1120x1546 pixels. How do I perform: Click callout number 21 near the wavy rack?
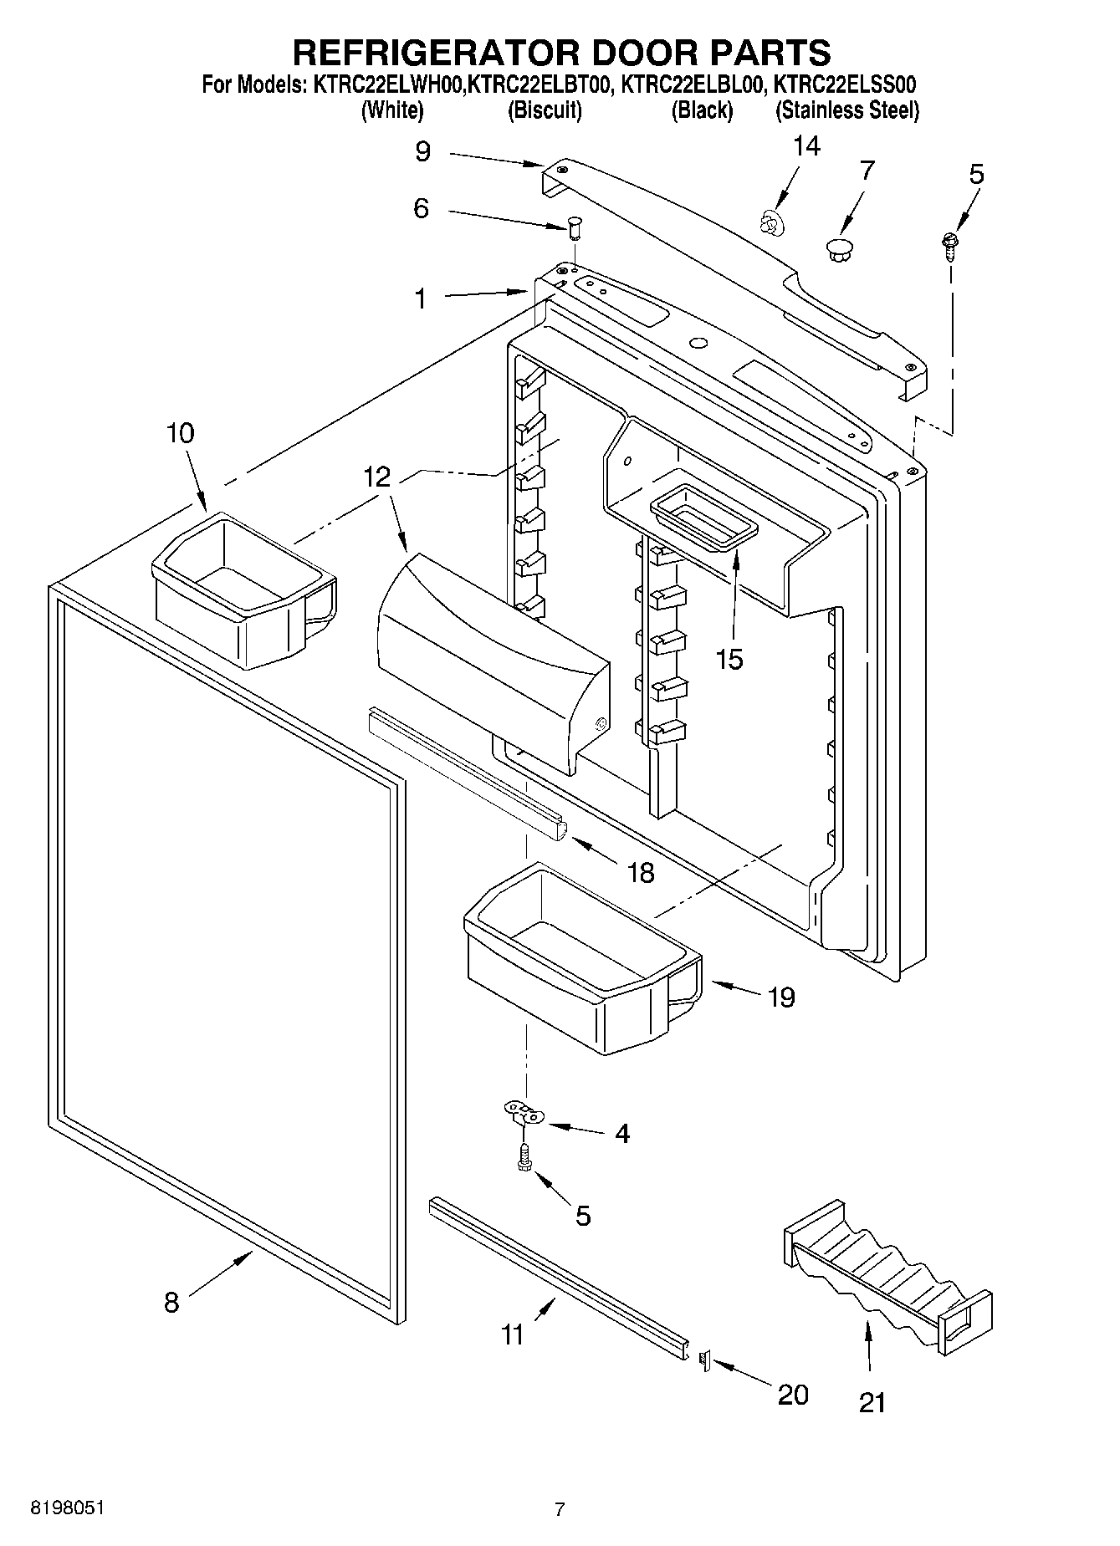[x=872, y=1402]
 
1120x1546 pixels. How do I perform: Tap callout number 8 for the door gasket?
[x=171, y=1302]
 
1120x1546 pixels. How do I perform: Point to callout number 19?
[x=781, y=997]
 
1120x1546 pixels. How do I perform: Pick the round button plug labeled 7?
[x=837, y=247]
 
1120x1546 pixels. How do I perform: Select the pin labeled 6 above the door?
[x=574, y=225]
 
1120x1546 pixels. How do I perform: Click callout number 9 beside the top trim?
[x=422, y=151]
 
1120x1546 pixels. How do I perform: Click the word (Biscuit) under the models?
[x=545, y=110]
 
